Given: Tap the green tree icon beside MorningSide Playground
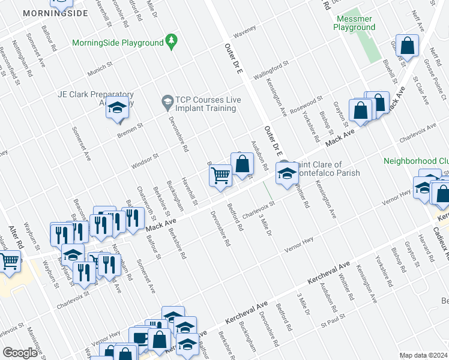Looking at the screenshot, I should [x=172, y=41].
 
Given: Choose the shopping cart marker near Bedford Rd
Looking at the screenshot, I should [x=220, y=176].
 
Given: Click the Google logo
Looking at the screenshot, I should [x=20, y=353].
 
